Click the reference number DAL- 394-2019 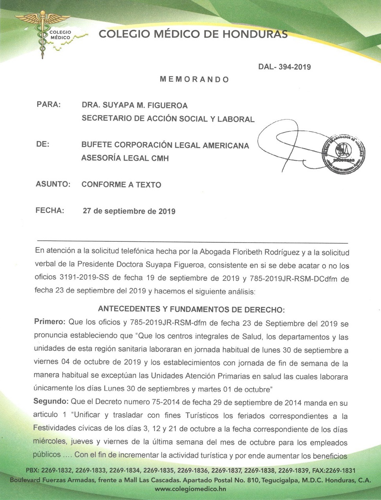284,67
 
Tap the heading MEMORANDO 194,79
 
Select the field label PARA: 48,105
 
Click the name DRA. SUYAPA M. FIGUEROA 135,105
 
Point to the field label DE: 43,144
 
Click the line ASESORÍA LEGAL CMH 125,158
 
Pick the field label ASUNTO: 53,184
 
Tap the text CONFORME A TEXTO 121,184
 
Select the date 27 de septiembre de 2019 129,211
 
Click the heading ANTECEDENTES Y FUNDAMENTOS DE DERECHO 191,309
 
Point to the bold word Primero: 50,323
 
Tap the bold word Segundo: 51,402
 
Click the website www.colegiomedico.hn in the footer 191,489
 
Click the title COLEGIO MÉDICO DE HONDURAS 193,34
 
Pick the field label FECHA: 50,211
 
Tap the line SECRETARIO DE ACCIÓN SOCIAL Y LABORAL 168,119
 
